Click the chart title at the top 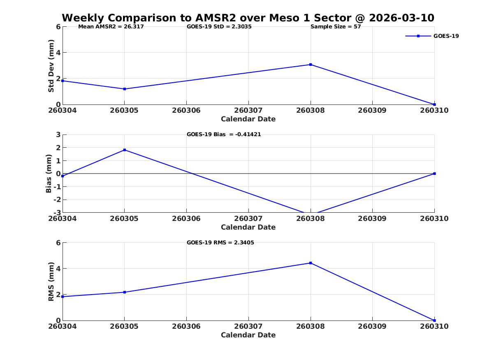(x=248, y=18)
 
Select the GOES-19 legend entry (x=432, y=36)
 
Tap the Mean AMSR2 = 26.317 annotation (x=111, y=27)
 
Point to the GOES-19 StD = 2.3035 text (x=219, y=27)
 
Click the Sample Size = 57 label (x=336, y=27)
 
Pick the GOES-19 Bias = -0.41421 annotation (x=224, y=135)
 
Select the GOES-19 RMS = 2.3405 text (x=220, y=242)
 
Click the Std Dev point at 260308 (x=311, y=65)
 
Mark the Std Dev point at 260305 (x=125, y=89)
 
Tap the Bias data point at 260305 (x=125, y=150)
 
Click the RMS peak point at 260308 (x=311, y=263)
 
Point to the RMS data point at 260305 (x=125, y=293)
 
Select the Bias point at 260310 (x=434, y=174)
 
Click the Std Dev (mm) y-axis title (x=51, y=66)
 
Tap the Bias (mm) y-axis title (x=49, y=174)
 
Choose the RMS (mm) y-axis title (x=51, y=282)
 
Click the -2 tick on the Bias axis (x=57, y=200)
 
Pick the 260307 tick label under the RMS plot (x=248, y=326)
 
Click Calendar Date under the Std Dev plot (x=248, y=119)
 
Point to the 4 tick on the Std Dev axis (x=58, y=53)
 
